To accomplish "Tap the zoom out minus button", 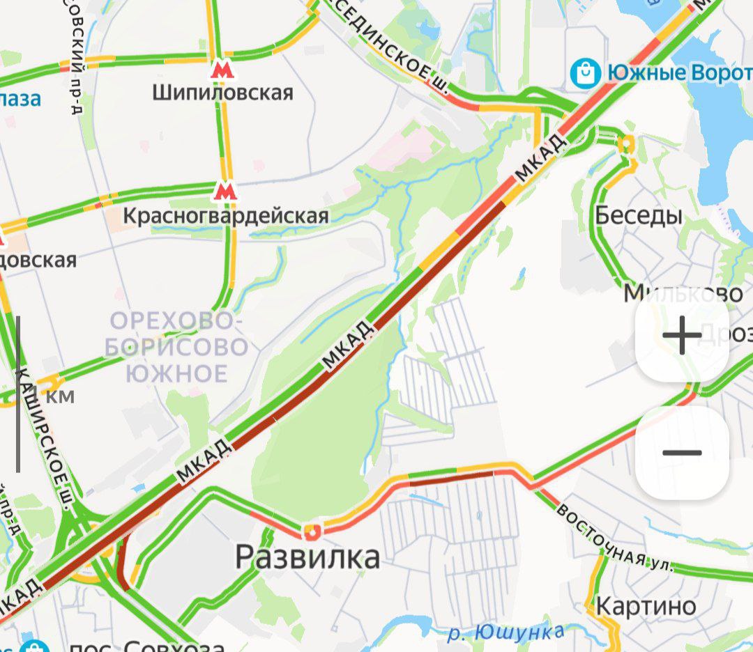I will pos(682,453).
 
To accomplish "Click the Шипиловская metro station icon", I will pos(222,70).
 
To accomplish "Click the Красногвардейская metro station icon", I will pos(225,190).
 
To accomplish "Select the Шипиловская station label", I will pos(224,93).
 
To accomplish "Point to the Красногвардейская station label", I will pos(225,216).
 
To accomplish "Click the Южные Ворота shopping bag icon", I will pos(585,72).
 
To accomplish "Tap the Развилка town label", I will pos(307,557).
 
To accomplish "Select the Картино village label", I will pos(646,605).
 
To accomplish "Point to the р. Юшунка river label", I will pos(505,633).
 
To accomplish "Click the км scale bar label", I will pos(60,397).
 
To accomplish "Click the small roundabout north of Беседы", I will pos(626,144).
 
